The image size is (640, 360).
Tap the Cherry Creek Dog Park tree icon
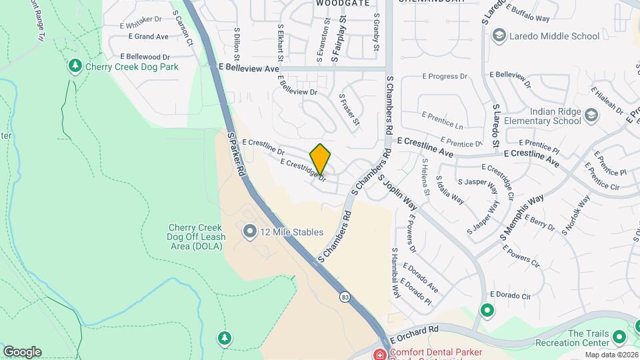click(x=75, y=66)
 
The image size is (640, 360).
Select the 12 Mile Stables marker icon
click(x=250, y=232)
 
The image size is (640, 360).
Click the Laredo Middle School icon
click(x=497, y=35)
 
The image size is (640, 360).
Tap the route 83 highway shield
click(x=344, y=296)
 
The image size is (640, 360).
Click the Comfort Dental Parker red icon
click(x=380, y=353)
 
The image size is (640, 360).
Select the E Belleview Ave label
click(x=249, y=68)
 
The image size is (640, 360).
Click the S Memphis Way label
click(x=522, y=218)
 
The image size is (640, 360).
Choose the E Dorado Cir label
click(x=510, y=295)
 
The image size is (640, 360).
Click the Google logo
click(x=22, y=351)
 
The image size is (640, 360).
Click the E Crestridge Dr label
click(x=303, y=170)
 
